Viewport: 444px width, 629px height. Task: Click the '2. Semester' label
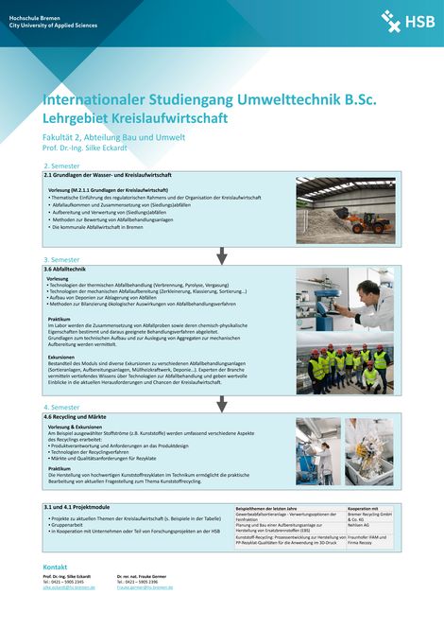click(61, 165)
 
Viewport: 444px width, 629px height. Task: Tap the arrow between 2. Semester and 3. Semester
click(222, 254)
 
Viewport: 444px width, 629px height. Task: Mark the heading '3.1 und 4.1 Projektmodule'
click(78, 507)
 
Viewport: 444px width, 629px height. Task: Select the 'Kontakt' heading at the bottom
click(57, 566)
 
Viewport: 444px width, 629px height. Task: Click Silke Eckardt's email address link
click(69, 586)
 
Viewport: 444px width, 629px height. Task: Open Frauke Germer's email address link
click(144, 586)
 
